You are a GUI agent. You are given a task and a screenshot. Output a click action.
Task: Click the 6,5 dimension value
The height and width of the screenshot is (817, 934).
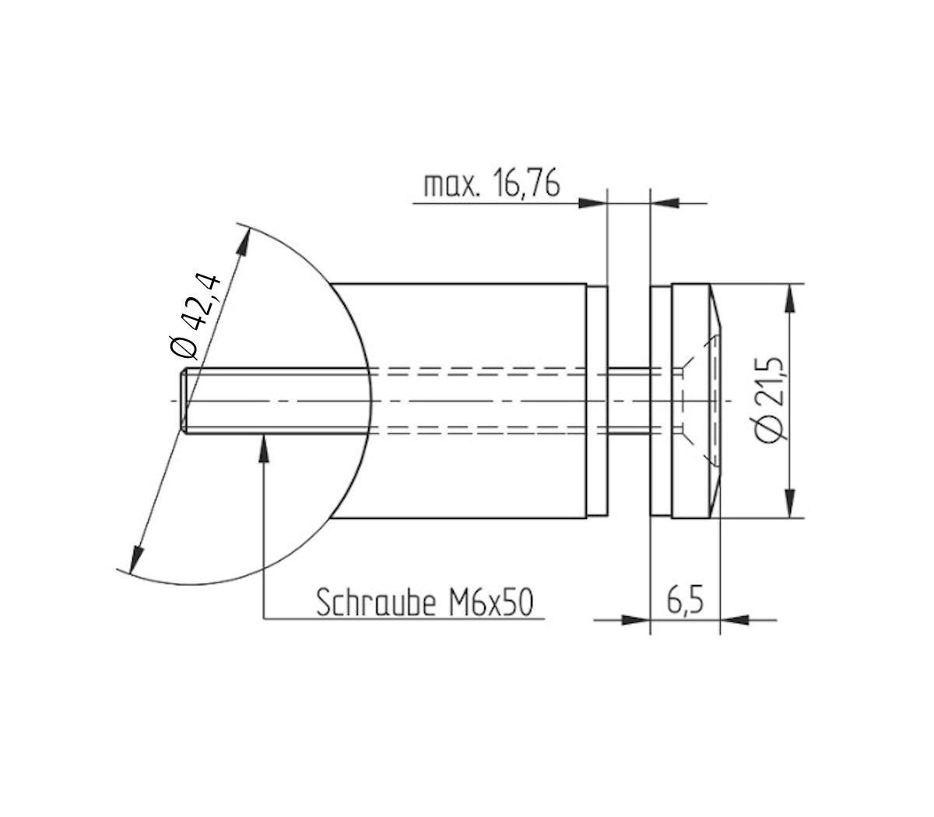[x=685, y=601]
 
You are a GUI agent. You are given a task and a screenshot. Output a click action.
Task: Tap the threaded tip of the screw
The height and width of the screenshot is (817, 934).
[x=186, y=401]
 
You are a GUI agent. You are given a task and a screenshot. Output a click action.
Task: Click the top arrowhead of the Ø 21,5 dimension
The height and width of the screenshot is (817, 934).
[x=791, y=299]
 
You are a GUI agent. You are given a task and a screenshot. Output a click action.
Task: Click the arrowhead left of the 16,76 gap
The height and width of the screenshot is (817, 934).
[x=592, y=204]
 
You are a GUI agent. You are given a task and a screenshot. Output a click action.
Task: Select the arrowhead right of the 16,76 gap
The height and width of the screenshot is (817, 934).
[x=662, y=204]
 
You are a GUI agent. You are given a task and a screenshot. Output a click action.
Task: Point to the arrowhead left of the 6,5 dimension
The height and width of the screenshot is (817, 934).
[x=635, y=620]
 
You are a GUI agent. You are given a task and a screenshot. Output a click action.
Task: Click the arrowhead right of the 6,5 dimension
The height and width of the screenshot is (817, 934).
[x=734, y=620]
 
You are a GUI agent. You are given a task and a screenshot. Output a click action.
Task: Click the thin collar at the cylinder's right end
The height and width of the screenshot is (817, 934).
[x=597, y=401]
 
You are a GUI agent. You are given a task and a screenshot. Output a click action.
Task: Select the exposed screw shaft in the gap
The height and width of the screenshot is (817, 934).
[x=627, y=401]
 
